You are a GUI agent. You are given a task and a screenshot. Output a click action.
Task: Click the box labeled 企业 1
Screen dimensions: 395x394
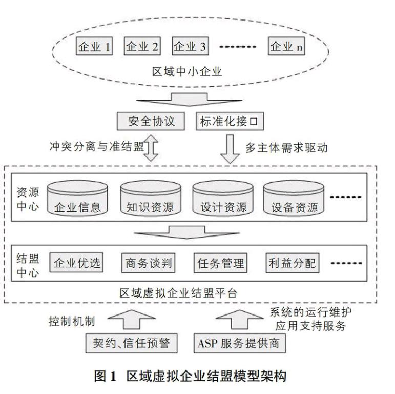(x=94, y=46)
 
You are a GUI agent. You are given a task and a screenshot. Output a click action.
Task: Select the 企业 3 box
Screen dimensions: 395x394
(x=190, y=46)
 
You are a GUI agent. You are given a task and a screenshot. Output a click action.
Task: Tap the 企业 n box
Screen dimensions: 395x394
(x=286, y=46)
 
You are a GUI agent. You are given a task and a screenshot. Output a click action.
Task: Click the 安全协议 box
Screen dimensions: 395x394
(x=151, y=121)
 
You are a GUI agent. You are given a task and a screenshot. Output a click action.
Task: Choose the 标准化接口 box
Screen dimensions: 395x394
(x=230, y=121)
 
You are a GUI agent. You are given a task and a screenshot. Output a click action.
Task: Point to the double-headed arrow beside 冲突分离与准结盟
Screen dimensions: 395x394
(x=151, y=148)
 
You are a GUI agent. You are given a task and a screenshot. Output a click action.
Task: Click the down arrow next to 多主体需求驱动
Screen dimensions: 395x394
(x=230, y=149)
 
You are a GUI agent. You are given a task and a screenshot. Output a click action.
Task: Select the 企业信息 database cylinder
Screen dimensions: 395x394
(x=77, y=198)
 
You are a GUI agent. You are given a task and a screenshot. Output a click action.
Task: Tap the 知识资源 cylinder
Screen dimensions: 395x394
(x=151, y=198)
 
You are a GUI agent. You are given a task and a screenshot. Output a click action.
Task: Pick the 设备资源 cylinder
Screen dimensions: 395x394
(x=294, y=198)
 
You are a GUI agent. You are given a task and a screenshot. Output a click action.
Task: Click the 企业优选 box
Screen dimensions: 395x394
(x=76, y=263)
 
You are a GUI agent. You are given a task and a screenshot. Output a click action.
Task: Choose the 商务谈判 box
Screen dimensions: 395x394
(x=149, y=263)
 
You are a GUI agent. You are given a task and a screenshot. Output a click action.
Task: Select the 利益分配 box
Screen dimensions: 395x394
(x=293, y=263)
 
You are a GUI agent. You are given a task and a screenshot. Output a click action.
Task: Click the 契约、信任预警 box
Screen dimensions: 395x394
(x=132, y=343)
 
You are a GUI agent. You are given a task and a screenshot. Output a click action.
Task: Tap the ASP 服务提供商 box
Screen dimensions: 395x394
(x=240, y=343)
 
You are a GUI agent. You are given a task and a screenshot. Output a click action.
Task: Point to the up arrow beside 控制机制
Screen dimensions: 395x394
(x=132, y=319)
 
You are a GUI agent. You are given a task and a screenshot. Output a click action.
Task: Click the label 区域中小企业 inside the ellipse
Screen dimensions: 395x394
(x=187, y=72)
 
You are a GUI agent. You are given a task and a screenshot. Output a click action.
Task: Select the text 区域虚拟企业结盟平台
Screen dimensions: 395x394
(x=178, y=293)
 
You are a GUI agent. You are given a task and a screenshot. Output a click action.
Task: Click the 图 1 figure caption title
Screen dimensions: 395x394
(x=191, y=376)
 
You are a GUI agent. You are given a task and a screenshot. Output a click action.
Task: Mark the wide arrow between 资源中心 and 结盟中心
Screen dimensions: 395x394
(x=186, y=232)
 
